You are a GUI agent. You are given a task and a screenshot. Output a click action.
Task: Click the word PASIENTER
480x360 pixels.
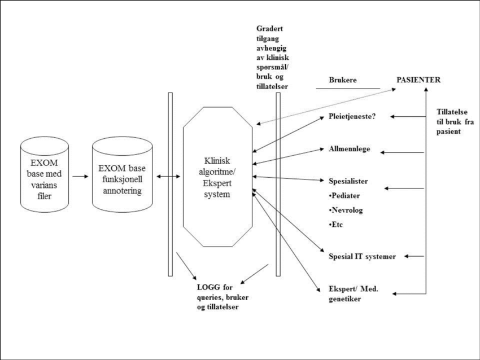[417, 80]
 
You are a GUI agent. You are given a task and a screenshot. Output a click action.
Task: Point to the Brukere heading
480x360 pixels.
[343, 80]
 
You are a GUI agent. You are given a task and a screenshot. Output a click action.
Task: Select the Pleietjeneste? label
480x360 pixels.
[352, 117]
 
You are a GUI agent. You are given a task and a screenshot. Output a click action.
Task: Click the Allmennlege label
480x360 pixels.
[350, 150]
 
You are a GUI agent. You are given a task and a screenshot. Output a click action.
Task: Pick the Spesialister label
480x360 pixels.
[348, 181]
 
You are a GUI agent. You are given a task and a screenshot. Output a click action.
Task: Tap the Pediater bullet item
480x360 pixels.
[344, 196]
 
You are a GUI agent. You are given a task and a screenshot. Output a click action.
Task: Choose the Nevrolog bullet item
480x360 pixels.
[345, 210]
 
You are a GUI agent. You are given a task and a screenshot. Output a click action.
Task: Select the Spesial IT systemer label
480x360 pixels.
[362, 256]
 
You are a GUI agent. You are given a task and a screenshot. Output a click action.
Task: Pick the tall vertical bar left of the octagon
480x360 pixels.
[171, 184]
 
